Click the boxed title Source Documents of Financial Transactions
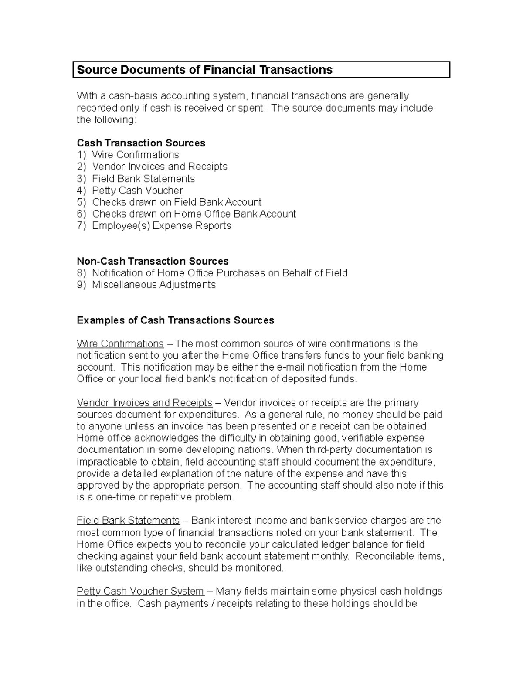click(204, 70)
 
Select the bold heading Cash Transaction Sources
click(141, 143)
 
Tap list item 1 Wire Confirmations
click(135, 155)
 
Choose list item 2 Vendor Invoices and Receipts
click(160, 167)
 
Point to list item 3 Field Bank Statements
click(143, 179)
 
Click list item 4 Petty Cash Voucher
click(137, 191)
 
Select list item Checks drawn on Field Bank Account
click(177, 202)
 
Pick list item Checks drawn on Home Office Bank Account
click(194, 214)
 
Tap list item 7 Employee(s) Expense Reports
click(161, 226)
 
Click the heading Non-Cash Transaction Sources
click(153, 261)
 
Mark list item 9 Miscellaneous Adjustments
click(153, 285)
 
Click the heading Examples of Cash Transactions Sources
click(175, 320)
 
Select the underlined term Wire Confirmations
click(120, 344)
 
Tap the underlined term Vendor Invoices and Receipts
click(144, 402)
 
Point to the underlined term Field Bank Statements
click(128, 520)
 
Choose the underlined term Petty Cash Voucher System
click(140, 591)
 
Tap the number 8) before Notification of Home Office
click(82, 273)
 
